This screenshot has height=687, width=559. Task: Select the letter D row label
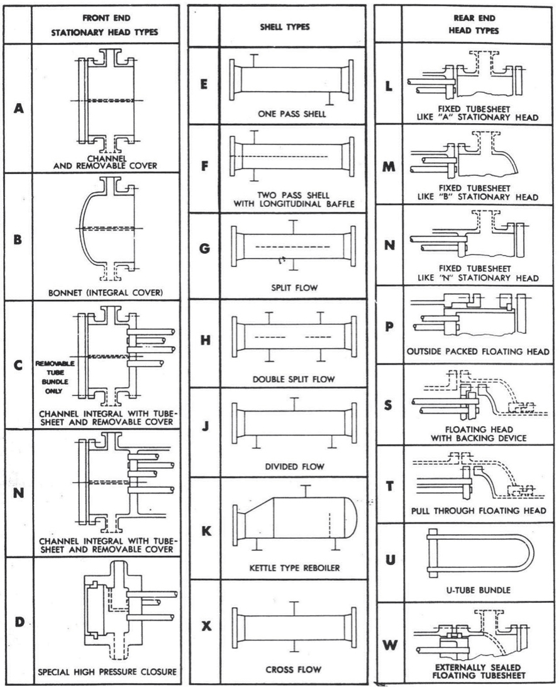(x=19, y=622)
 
